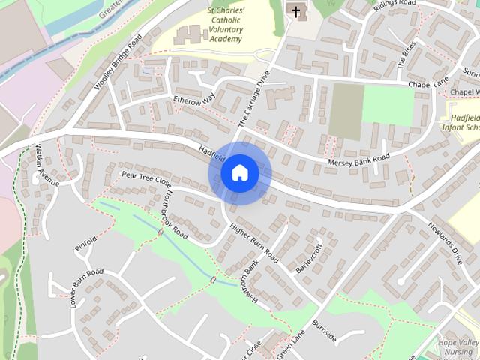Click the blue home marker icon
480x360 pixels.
[239, 173]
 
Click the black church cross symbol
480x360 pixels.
[297, 11]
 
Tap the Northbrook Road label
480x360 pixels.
[174, 212]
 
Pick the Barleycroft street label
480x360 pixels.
[309, 257]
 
